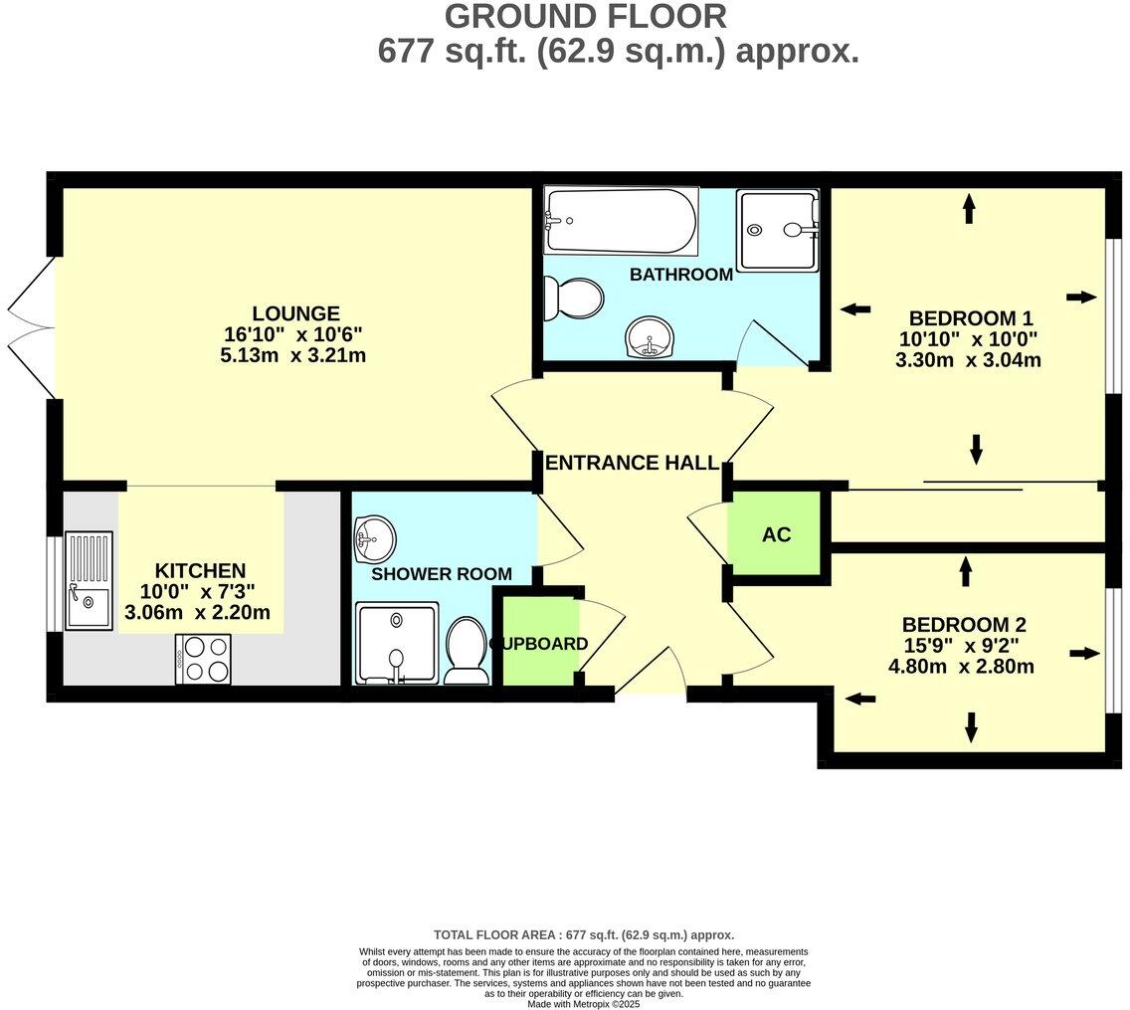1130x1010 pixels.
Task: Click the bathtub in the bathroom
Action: click(x=621, y=221)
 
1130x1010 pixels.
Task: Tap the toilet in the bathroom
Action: click(x=577, y=298)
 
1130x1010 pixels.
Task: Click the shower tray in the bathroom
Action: click(x=778, y=230)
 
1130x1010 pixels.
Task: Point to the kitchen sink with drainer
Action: click(x=89, y=581)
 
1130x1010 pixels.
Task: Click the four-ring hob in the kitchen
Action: click(x=204, y=659)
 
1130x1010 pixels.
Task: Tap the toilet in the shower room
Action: click(x=466, y=651)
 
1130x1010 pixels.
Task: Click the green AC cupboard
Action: click(x=776, y=534)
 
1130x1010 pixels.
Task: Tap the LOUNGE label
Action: click(x=295, y=313)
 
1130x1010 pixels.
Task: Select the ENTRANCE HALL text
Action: click(x=632, y=463)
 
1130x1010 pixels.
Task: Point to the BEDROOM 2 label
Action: click(x=963, y=625)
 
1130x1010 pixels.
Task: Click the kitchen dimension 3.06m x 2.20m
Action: click(x=197, y=612)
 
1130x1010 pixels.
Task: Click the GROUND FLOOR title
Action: click(x=585, y=17)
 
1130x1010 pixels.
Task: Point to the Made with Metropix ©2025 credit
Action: click(x=585, y=1004)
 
